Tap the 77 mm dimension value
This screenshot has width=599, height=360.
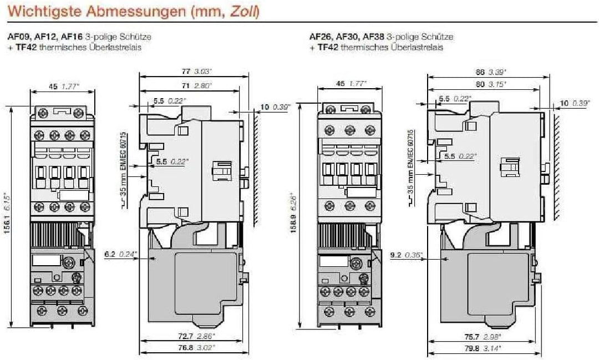coord(186,72)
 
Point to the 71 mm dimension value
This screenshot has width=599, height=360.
coord(185,86)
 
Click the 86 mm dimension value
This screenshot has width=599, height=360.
coord(480,72)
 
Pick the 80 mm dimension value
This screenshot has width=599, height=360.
coord(480,84)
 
